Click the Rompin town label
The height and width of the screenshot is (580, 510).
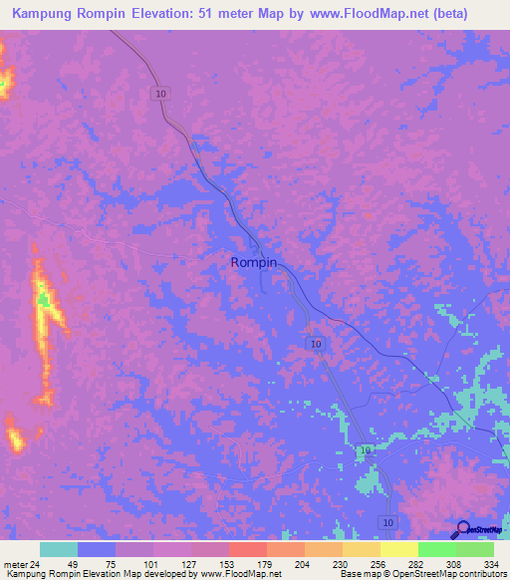[x=253, y=262]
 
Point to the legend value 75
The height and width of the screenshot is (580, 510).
[x=97, y=563]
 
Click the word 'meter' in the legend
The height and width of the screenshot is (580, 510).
[x=14, y=563]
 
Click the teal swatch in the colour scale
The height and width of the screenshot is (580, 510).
[x=59, y=549]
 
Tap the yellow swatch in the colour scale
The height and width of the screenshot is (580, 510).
[x=399, y=549]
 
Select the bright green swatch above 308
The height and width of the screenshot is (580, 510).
[x=437, y=549]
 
